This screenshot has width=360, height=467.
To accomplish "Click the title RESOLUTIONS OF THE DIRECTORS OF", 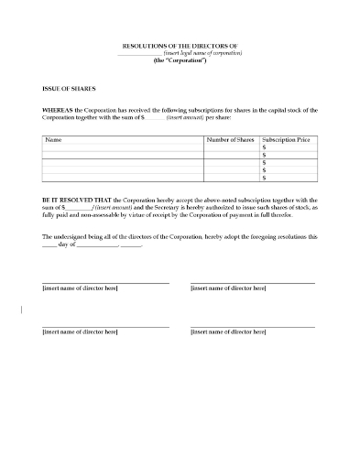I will (180, 45).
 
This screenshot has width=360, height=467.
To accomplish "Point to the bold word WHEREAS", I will (58, 110).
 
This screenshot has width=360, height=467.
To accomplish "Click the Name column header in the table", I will (53, 140).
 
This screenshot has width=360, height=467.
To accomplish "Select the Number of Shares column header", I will (230, 140).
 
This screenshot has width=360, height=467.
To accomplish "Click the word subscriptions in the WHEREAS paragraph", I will (196, 110).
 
